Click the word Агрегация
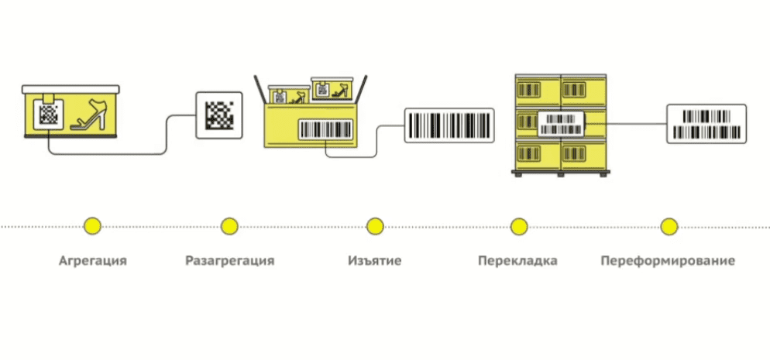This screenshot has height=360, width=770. click(x=93, y=260)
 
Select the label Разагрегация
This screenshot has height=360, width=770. click(x=229, y=260)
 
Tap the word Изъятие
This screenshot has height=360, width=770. click(x=375, y=260)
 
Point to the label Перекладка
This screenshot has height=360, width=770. click(x=518, y=260)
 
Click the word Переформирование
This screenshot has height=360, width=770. click(x=668, y=260)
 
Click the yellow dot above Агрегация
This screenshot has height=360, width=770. click(x=93, y=226)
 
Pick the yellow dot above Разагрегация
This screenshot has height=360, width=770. click(x=229, y=226)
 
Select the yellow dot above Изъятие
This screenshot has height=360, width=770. click(x=375, y=226)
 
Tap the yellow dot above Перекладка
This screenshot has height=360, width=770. click(x=518, y=226)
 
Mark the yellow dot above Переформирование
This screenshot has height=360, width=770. click(x=669, y=226)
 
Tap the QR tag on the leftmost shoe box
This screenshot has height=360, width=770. click(x=49, y=113)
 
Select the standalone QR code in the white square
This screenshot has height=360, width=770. click(x=218, y=115)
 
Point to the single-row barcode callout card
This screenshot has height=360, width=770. click(x=449, y=125)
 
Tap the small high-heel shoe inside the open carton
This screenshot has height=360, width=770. click(x=339, y=91)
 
